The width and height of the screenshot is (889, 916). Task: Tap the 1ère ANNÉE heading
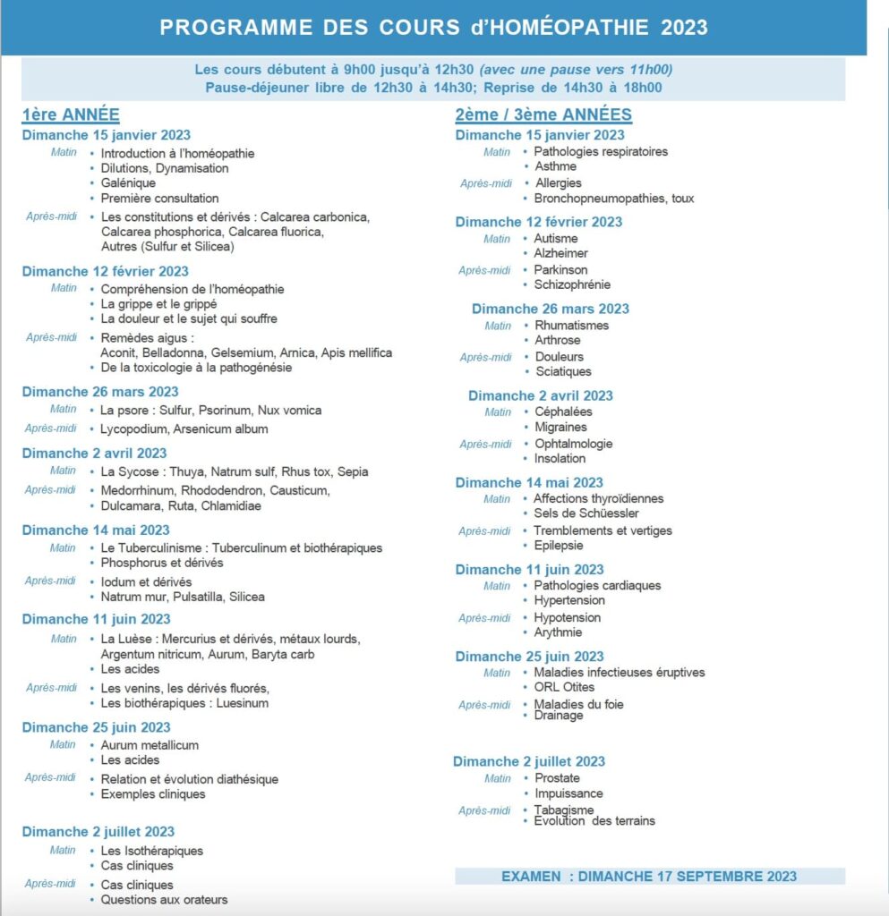pos(71,114)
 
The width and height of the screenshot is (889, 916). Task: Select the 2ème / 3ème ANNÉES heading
pos(543,114)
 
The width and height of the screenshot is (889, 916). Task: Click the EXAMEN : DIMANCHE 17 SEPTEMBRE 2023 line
pos(649,876)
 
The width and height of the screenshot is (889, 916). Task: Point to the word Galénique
pos(128,183)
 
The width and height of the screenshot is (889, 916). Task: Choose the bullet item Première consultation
pos(159,199)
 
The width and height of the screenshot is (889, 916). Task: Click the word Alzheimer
pos(561,253)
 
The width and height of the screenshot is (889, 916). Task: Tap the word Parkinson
pos(561,269)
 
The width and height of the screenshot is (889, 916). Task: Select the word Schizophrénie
pos(573,284)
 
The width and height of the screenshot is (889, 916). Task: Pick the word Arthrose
pos(558,340)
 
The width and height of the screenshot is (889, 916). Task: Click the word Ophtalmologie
pos(574,444)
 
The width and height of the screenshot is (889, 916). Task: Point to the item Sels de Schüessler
pos(586,513)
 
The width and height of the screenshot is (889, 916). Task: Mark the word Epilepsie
pos(559,545)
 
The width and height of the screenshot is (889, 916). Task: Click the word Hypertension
pos(569,600)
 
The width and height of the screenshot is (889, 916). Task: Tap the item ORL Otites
pos(565,687)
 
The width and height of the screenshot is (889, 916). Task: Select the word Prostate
pos(557,778)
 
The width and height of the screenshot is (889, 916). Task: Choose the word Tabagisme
pos(564,810)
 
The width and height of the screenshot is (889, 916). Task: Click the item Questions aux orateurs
pos(164,900)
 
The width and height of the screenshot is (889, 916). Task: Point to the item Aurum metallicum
pos(150,745)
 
